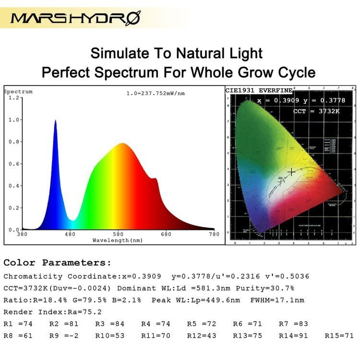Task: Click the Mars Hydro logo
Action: (x=75, y=18)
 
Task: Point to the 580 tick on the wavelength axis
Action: (x=118, y=234)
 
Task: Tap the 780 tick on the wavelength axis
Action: (x=214, y=234)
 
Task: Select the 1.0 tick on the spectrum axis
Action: (x=13, y=120)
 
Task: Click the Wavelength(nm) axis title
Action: (x=118, y=240)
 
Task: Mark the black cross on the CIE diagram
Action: (x=291, y=172)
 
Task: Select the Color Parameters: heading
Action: (x=57, y=263)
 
